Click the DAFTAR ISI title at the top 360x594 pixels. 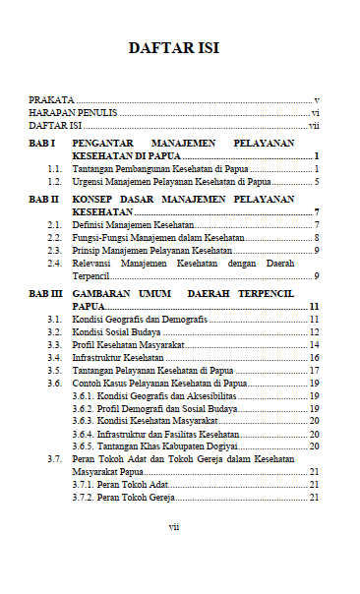173,48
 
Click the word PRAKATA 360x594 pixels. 51,100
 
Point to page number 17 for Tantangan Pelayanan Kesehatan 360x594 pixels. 314,371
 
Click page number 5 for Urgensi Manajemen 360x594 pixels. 317,182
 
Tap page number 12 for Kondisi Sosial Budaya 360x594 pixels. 314,332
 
